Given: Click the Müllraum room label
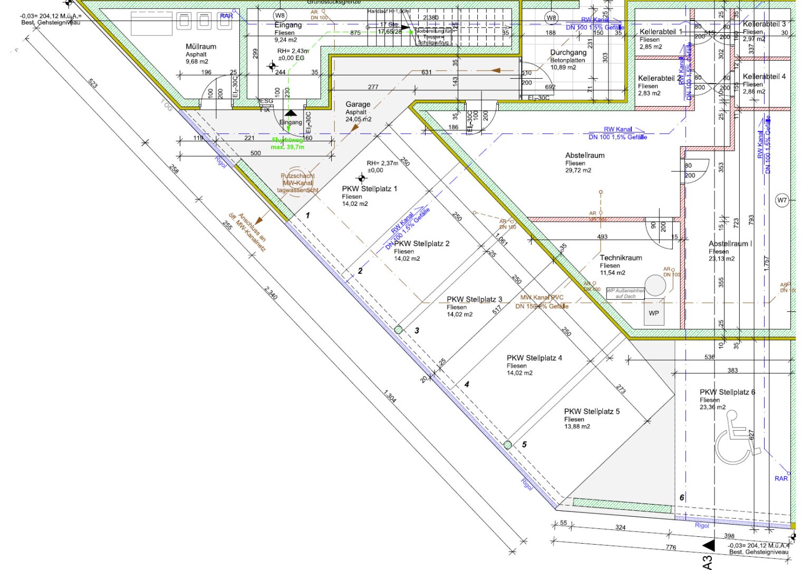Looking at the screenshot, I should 201,47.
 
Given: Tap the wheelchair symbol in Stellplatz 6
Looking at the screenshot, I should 736,437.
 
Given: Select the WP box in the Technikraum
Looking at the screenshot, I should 654,313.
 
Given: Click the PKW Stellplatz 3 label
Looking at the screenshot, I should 475,300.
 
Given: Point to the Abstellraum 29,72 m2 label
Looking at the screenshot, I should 585,156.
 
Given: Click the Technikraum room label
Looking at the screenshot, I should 621,258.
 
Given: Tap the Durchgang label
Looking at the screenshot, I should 568,53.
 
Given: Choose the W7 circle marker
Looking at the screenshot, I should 782,201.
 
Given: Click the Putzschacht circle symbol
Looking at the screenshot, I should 298,183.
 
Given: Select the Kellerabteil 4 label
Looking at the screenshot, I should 764,77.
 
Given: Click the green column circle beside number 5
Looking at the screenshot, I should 507,445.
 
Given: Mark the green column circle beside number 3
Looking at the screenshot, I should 399,330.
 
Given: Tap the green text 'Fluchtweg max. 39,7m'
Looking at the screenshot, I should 287,144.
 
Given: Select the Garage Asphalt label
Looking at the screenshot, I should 358,105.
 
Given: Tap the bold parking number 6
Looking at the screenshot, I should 682,498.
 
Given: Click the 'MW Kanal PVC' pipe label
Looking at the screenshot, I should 542,298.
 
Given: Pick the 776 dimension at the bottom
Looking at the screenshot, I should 671,547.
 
